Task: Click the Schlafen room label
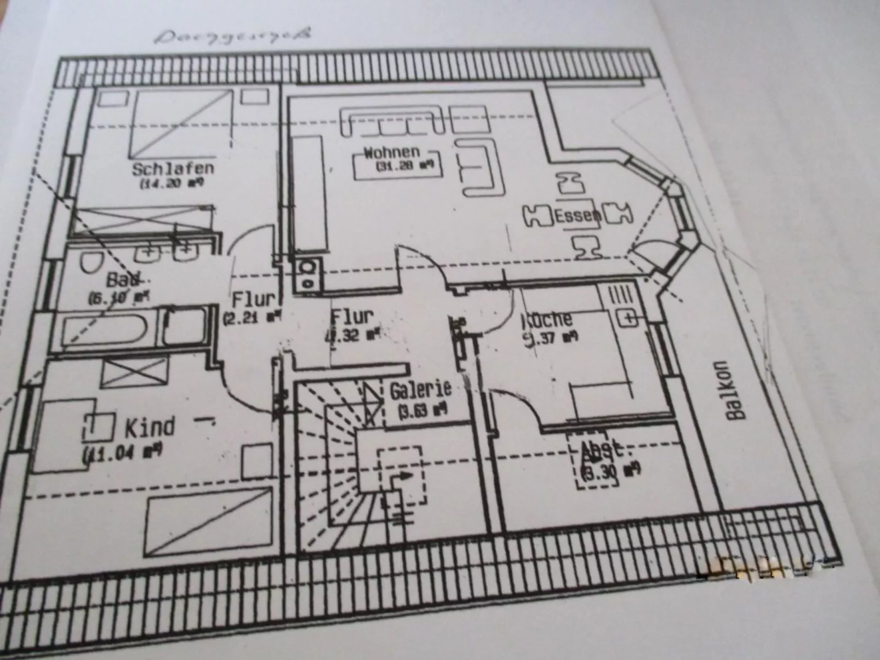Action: tap(173, 168)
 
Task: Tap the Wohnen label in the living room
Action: tap(392, 152)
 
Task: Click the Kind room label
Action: tap(150, 427)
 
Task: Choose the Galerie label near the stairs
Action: tap(420, 389)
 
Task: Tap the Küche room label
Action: tap(547, 319)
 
